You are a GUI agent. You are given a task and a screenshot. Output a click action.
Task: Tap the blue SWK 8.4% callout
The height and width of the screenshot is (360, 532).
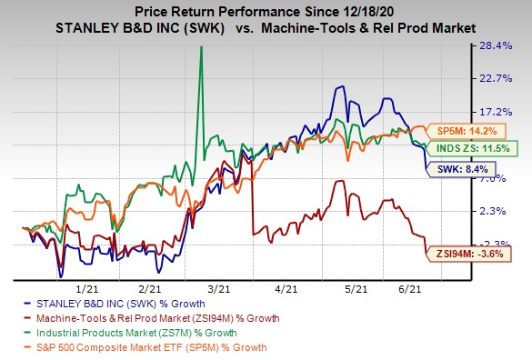tap(456, 167)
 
